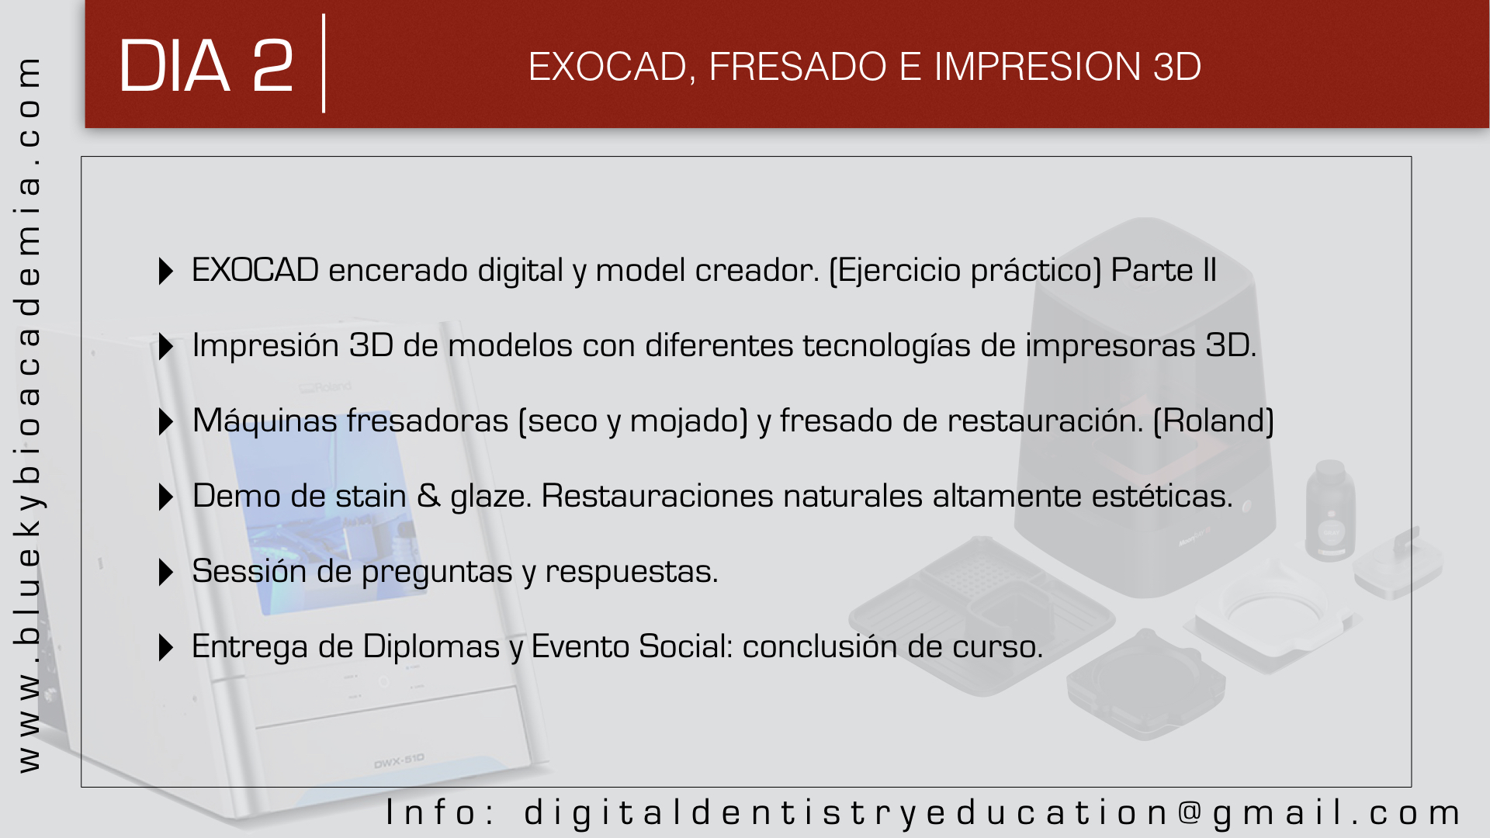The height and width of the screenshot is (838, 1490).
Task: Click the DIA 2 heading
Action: coord(206,67)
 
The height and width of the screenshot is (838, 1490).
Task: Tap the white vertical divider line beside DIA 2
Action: coord(324,64)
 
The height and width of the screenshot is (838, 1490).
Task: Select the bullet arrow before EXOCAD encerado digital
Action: coord(165,272)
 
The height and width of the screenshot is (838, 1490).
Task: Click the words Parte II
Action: coord(1163,270)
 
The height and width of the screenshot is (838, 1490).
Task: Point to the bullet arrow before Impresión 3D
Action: coord(165,347)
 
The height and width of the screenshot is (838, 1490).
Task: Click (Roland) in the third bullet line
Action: coord(1214,421)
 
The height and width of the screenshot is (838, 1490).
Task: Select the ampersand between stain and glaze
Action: coord(428,496)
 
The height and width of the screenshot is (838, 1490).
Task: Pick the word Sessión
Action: coord(249,571)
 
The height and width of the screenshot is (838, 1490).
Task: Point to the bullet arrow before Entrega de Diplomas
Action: coord(165,648)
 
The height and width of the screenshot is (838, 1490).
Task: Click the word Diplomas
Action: coord(431,646)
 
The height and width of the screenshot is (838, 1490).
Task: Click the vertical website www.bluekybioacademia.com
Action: coord(29,414)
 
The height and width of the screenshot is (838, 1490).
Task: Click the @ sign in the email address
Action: coord(1190,812)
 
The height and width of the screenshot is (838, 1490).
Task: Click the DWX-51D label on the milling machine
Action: coord(399,761)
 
